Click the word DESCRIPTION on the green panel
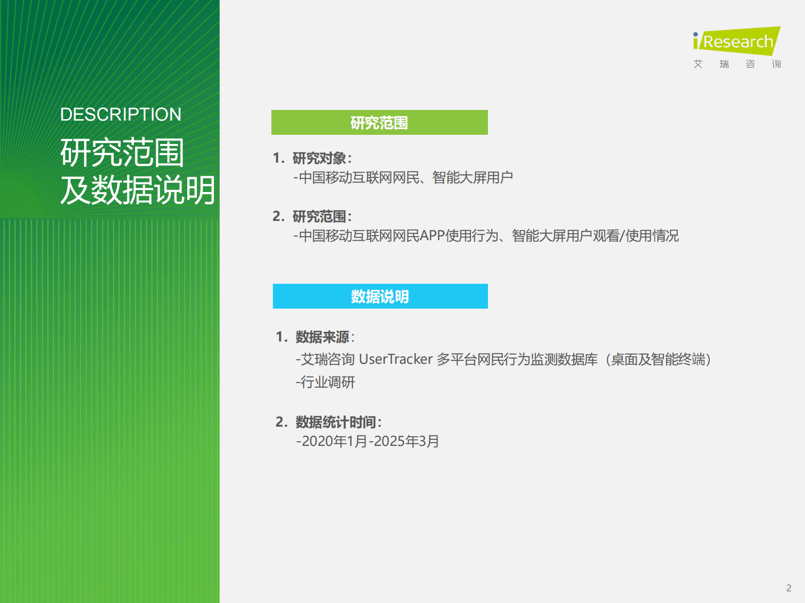121,115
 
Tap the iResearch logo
737,41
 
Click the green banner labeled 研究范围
379,123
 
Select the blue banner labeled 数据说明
380,296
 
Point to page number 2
789,588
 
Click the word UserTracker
396,359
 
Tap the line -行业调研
326,382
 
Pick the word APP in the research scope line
432,236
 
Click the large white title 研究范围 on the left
122,153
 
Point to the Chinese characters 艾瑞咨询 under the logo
737,64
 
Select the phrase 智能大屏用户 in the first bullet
473,177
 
